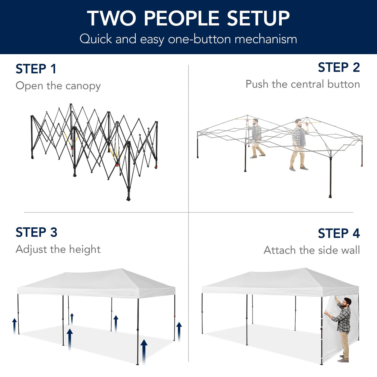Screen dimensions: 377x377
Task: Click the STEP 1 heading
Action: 36,69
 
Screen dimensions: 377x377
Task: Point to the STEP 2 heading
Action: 338,67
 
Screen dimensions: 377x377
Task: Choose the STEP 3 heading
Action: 36,232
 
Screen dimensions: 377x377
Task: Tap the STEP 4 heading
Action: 338,234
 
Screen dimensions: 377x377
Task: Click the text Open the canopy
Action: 58,86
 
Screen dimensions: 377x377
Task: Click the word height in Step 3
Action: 84,249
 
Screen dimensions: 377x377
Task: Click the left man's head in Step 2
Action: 255,121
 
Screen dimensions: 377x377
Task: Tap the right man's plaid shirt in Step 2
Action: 298,137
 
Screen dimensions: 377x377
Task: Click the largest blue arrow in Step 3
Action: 144,351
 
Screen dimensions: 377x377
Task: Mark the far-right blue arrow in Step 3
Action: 179,331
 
